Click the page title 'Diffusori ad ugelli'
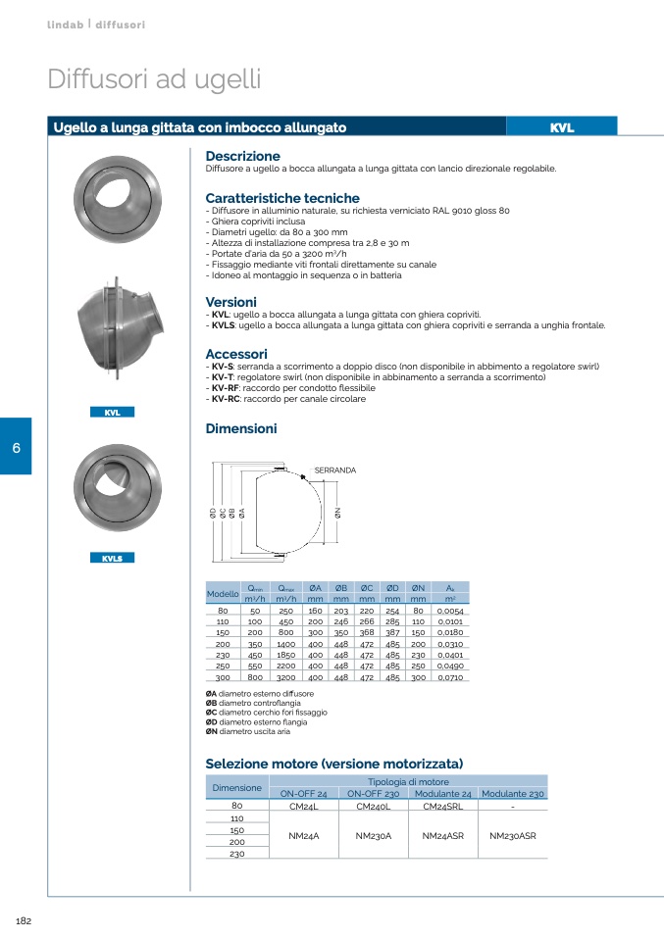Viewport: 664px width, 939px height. [x=154, y=79]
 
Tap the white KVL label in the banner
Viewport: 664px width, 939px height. [x=561, y=127]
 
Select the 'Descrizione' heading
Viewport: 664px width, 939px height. [x=242, y=156]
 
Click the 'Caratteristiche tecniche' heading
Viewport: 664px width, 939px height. [x=282, y=198]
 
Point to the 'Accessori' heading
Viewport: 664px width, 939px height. [x=236, y=354]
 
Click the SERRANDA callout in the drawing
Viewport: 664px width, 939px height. [x=334, y=470]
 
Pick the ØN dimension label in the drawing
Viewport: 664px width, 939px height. [x=337, y=512]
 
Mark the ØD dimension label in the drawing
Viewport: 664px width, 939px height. [x=213, y=512]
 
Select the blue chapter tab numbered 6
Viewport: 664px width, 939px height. [x=16, y=447]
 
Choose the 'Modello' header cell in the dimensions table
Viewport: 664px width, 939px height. [x=223, y=594]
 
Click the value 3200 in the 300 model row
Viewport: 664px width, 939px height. [x=286, y=676]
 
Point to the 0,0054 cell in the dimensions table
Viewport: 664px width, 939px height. [x=450, y=611]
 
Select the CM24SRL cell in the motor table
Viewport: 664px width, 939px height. [x=441, y=807]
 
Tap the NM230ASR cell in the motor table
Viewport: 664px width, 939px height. [x=512, y=836]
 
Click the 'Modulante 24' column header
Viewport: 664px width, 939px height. [x=442, y=794]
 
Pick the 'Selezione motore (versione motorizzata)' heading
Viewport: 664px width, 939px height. [x=333, y=764]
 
